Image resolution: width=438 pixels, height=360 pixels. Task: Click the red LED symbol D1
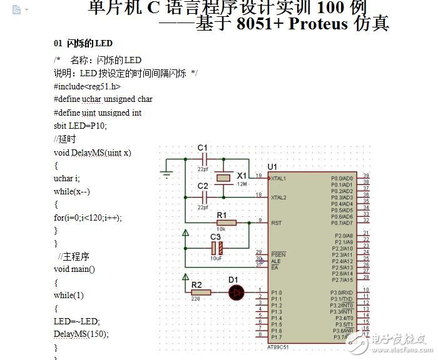click(236, 292)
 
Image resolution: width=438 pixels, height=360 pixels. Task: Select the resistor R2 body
click(200, 292)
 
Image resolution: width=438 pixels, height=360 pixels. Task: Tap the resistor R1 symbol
click(225, 222)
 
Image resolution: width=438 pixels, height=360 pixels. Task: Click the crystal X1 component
click(224, 178)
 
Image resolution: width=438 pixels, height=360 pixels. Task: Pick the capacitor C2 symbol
click(203, 197)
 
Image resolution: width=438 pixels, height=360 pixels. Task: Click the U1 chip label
click(272, 167)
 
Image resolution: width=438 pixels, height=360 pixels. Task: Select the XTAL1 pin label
click(278, 178)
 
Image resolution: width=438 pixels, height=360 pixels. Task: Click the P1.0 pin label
click(276, 292)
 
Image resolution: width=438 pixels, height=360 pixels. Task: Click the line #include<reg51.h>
click(87, 87)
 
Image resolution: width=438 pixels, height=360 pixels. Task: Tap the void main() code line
click(74, 269)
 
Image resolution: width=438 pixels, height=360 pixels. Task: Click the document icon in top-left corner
click(16, 9)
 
